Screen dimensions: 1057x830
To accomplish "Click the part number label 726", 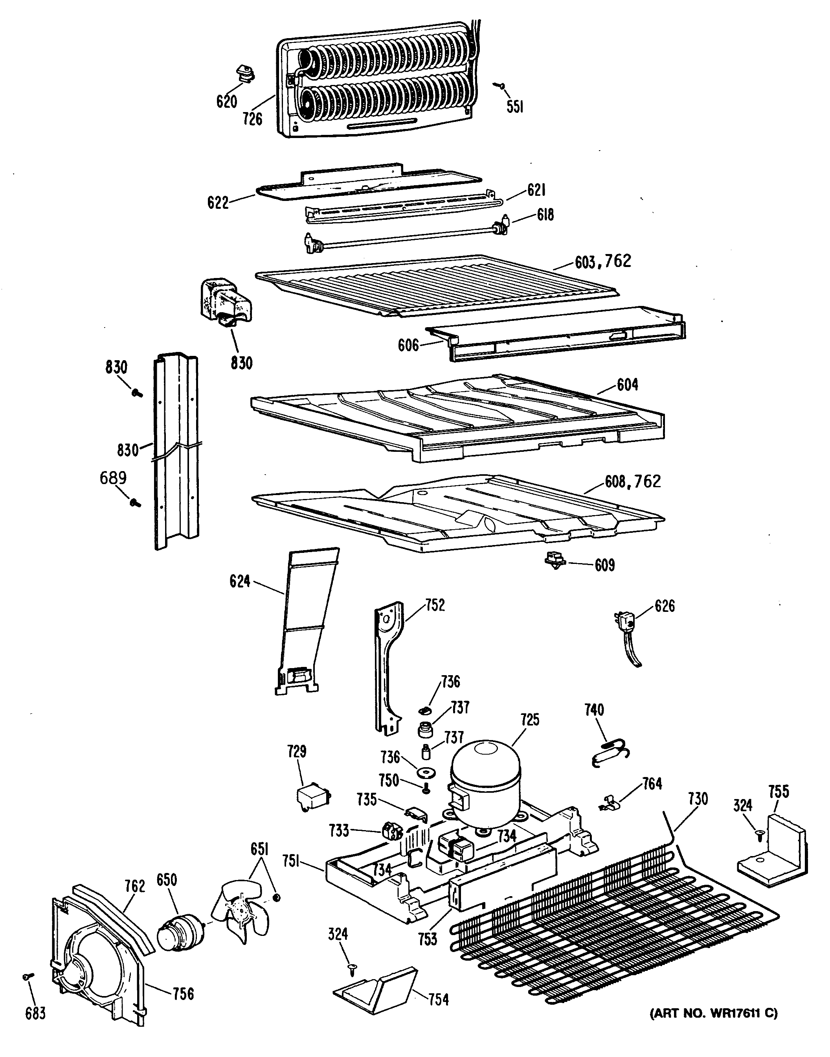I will [x=252, y=119].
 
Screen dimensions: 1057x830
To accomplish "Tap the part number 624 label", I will [x=240, y=581].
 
